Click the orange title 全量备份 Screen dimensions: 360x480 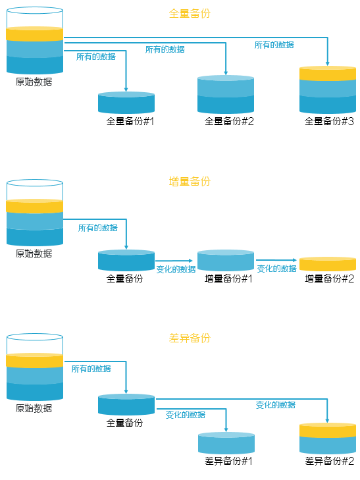click(190, 13)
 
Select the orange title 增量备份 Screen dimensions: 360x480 click(190, 181)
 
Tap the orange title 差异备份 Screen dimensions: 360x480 click(190, 338)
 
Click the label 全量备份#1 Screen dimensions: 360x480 click(130, 121)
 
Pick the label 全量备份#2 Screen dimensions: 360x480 click(229, 121)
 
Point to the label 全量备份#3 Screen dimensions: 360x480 click(329, 121)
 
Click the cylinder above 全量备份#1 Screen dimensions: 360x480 click(126, 103)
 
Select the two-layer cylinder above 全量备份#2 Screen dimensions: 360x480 click(226, 94)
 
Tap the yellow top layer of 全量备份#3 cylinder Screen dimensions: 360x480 click(328, 73)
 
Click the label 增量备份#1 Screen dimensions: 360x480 click(228, 279)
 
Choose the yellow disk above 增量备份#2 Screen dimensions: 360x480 click(328, 264)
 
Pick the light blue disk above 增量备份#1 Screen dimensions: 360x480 click(226, 261)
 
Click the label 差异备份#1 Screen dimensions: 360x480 click(228, 461)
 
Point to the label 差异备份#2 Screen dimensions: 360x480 click(329, 461)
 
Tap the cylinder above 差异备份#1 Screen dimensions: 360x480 click(226, 443)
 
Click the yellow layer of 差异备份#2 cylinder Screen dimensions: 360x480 click(328, 430)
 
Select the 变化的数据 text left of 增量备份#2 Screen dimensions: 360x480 click(276, 269)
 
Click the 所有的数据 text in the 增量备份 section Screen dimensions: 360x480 click(98, 228)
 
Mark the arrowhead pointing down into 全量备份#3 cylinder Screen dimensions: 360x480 click(328, 64)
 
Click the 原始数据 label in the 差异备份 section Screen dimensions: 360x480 click(34, 408)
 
